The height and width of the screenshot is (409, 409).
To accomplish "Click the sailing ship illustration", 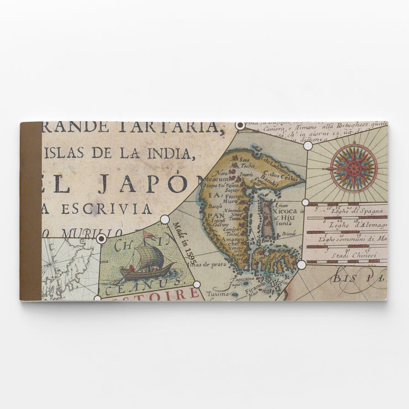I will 146,264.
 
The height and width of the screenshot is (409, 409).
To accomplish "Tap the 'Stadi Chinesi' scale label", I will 353,255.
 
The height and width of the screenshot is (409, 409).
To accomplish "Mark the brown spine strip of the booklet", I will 31,211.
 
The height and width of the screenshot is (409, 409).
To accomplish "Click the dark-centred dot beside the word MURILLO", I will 101,239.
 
